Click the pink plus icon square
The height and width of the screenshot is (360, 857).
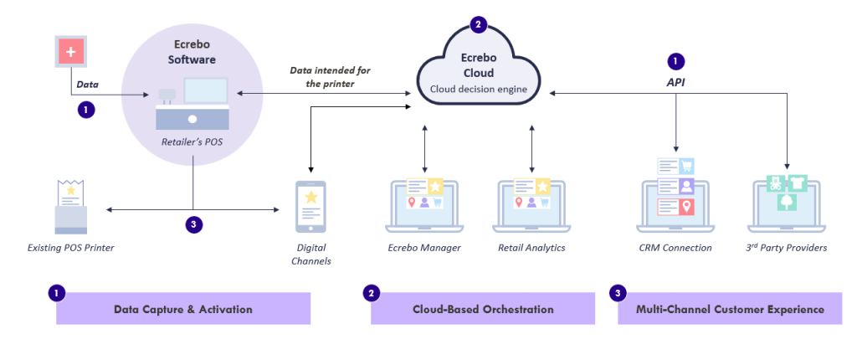(69, 52)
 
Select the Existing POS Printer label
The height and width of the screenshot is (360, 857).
(71, 248)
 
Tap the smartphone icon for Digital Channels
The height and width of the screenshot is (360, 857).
(310, 208)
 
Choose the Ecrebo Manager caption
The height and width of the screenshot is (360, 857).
(424, 248)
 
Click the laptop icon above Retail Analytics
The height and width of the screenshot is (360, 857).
(531, 204)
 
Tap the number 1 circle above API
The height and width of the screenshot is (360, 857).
(675, 61)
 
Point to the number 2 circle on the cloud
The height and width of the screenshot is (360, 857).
(478, 24)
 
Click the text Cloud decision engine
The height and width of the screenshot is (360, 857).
(478, 89)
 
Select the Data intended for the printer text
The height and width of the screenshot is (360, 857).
(330, 78)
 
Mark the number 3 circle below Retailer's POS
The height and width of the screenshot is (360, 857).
(193, 224)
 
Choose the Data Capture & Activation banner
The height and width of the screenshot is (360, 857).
(183, 309)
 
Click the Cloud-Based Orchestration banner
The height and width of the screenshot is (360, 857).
(483, 309)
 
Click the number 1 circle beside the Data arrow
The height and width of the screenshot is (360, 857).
(85, 109)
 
